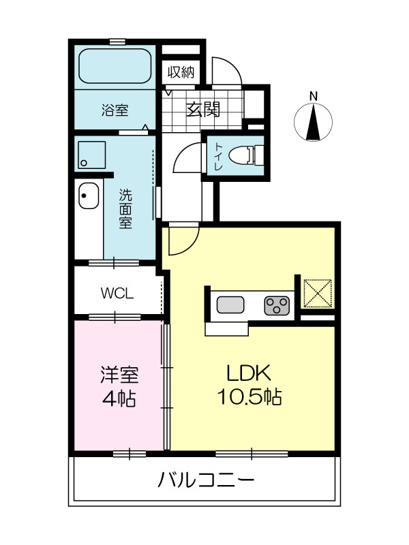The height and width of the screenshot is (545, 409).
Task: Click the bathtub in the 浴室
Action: click(115, 65)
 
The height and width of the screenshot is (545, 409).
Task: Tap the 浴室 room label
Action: click(115, 110)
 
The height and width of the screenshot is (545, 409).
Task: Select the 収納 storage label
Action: click(181, 72)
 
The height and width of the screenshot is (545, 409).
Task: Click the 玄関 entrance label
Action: click(203, 110)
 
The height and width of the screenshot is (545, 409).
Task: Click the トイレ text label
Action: click(218, 157)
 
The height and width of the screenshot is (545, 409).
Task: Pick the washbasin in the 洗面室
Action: click(89, 196)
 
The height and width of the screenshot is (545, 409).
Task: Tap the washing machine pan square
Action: click(91, 155)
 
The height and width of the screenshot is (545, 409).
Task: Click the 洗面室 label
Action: click(125, 208)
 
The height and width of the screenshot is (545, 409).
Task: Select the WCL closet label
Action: click(117, 294)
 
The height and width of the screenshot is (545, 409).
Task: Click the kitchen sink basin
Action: click(230, 305)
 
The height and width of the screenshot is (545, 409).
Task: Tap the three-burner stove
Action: click(277, 305)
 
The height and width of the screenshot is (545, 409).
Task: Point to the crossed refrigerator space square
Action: click(318, 293)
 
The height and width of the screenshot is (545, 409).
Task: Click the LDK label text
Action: click(249, 373)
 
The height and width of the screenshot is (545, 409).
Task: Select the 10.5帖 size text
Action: click(249, 396)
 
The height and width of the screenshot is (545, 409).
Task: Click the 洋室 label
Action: click(119, 375)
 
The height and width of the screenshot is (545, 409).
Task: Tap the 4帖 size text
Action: click(119, 399)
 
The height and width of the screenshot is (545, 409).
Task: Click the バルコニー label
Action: click(206, 480)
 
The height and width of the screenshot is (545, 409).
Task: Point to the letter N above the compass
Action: click(314, 96)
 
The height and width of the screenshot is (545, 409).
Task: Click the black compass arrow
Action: click(314, 121)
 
